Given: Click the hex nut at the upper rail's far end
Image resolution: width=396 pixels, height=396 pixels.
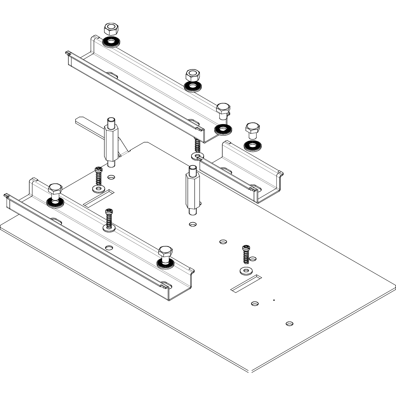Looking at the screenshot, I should [x=111, y=29].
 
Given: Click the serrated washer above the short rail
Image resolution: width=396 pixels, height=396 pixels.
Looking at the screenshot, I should [x=252, y=146].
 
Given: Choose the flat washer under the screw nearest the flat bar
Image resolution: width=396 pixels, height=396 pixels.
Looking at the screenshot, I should [x=98, y=188].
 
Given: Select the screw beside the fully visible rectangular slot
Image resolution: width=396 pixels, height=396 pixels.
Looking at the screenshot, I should [x=246, y=254].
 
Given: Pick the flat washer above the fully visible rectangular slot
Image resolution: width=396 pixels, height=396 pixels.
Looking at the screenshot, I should [x=246, y=271].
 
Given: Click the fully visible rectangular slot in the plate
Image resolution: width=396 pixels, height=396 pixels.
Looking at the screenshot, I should [x=246, y=284].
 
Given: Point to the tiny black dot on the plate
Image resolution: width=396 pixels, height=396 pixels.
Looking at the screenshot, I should [x=274, y=300].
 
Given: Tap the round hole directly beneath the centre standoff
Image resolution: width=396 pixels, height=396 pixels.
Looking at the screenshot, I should [x=193, y=224].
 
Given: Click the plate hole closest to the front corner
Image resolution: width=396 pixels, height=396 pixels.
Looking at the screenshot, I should [x=290, y=323].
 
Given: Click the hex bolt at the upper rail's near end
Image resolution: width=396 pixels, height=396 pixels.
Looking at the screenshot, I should [x=223, y=110].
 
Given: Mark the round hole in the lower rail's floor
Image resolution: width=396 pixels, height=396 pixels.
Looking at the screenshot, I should [x=109, y=248].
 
